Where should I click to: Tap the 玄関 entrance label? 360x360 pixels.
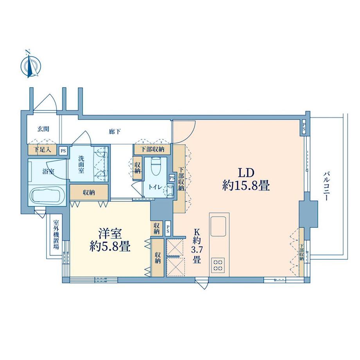pyautogui.click(x=43, y=129)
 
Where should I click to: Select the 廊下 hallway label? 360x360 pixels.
pyautogui.click(x=115, y=132)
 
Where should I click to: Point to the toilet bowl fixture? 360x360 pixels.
pyautogui.click(x=156, y=166)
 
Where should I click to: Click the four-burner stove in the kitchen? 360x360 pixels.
pyautogui.click(x=218, y=265)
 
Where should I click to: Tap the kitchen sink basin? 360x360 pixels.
pyautogui.click(x=218, y=226)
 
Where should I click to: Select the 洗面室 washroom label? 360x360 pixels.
pyautogui.click(x=81, y=164)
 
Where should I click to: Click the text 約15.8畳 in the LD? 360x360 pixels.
pyautogui.click(x=246, y=186)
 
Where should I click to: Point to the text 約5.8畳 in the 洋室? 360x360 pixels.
pyautogui.click(x=110, y=247)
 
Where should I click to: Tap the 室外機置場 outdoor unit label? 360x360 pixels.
pyautogui.click(x=56, y=235)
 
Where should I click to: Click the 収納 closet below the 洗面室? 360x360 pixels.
pyautogui.click(x=89, y=192)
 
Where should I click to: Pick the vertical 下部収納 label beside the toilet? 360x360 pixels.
pyautogui.click(x=182, y=178)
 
